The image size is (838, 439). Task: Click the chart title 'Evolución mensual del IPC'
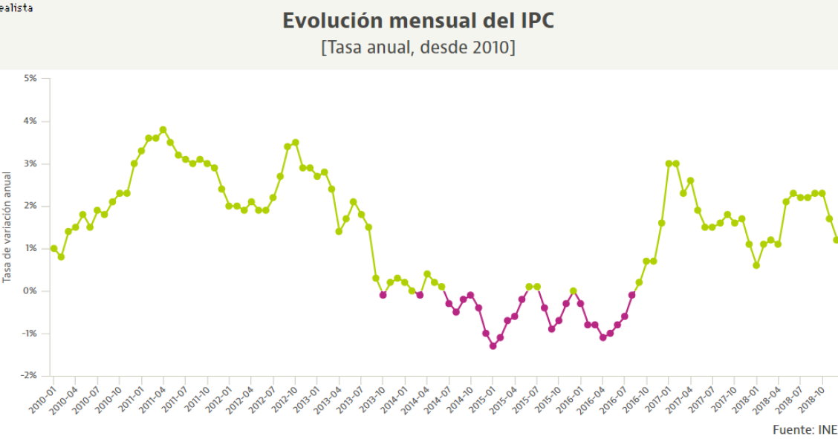pos(418,21)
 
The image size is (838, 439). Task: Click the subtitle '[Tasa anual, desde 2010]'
pos(418,48)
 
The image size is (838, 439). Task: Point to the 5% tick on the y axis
pos(30,78)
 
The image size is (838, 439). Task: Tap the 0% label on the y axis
pos(30,290)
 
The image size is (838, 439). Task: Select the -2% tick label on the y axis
pos(28,376)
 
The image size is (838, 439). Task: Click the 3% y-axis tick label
pos(30,163)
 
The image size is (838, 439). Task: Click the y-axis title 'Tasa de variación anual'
pos(7,227)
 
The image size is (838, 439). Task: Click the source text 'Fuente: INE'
pos(805,430)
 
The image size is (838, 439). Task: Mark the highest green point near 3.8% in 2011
pos(163,129)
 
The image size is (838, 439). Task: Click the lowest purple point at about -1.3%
pos(493,346)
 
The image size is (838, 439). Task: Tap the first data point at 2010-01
pos(53,248)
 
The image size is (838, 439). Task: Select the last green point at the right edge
pos(837,240)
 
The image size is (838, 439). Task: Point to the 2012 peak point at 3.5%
pos(295,142)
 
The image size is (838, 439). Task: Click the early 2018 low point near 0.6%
pos(756,265)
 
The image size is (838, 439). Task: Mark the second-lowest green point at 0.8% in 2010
pos(61,257)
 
